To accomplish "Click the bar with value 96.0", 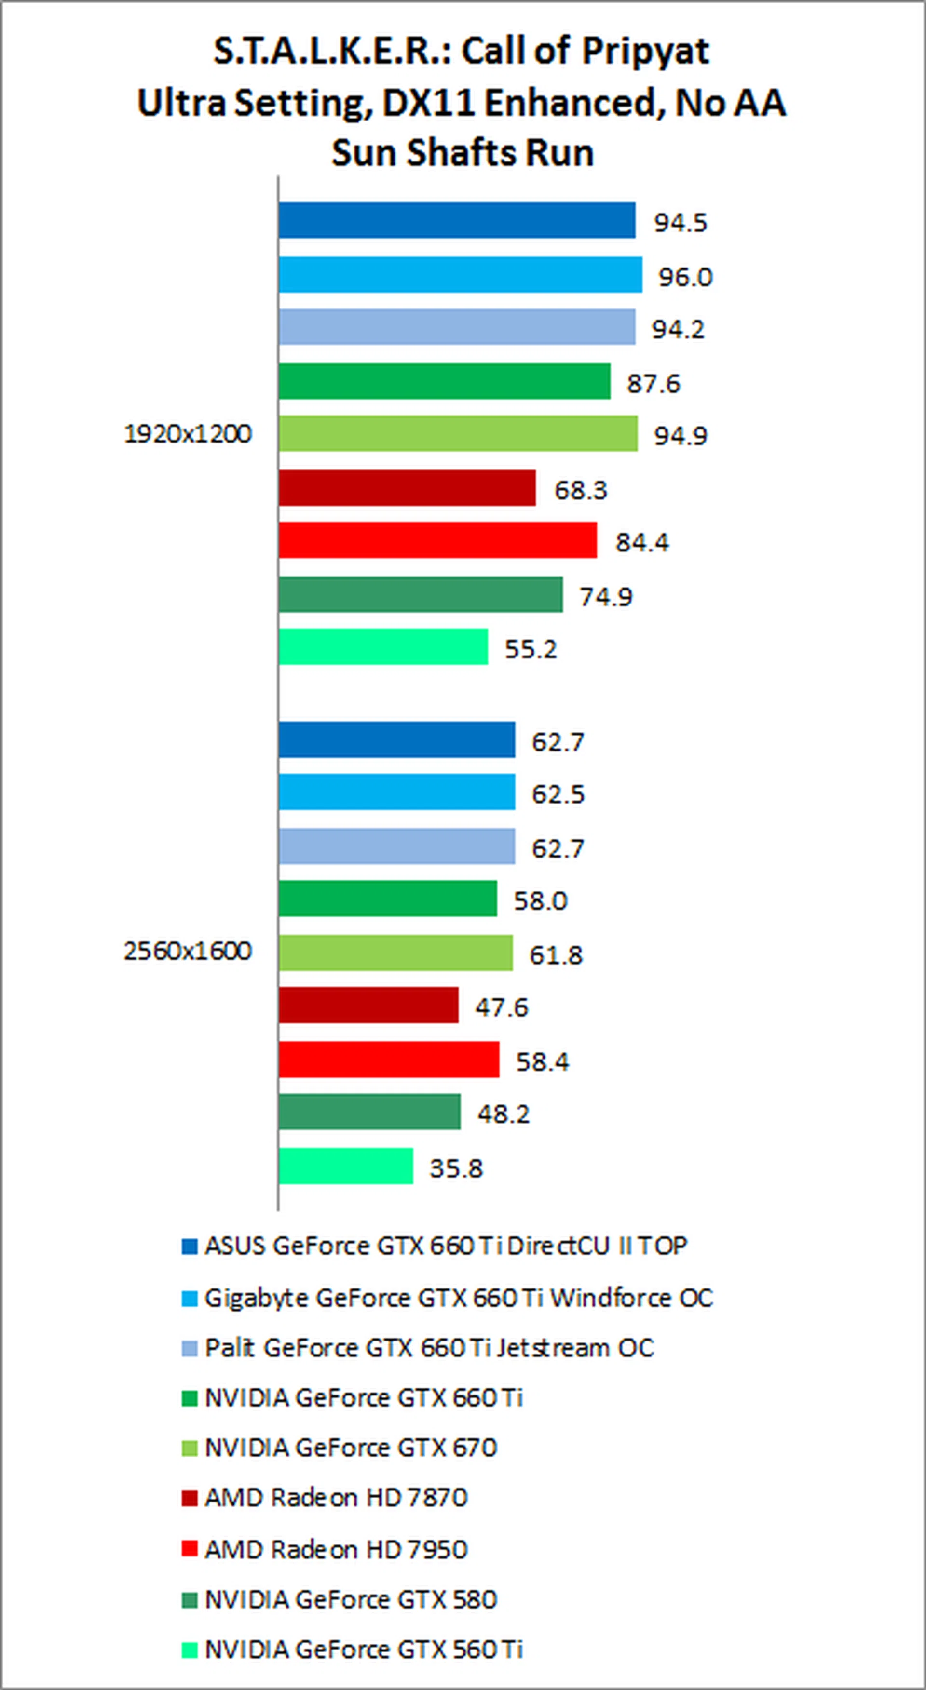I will pyautogui.click(x=460, y=275).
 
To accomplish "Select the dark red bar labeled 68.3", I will pyautogui.click(x=407, y=488).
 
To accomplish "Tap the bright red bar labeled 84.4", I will pyautogui.click(x=437, y=540).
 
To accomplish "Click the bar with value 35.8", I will pyautogui.click(x=345, y=1167).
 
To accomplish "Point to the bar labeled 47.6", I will pyautogui.click(x=368, y=1005).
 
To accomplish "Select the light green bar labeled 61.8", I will pyautogui.click(x=395, y=952).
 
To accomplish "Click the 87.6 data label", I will pyautogui.click(x=654, y=383).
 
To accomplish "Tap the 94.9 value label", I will pyautogui.click(x=681, y=436).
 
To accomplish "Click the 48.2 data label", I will pyautogui.click(x=504, y=1113).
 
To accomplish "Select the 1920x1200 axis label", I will pyautogui.click(x=188, y=434).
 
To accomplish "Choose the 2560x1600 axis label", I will pyautogui.click(x=188, y=951).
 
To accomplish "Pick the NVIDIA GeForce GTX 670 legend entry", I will pyautogui.click(x=351, y=1447).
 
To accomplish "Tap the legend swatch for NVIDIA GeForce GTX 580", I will pyautogui.click(x=190, y=1601).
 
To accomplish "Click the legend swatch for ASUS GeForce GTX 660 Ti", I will pyautogui.click(x=190, y=1247).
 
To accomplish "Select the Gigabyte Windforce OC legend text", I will pyautogui.click(x=458, y=1298).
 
